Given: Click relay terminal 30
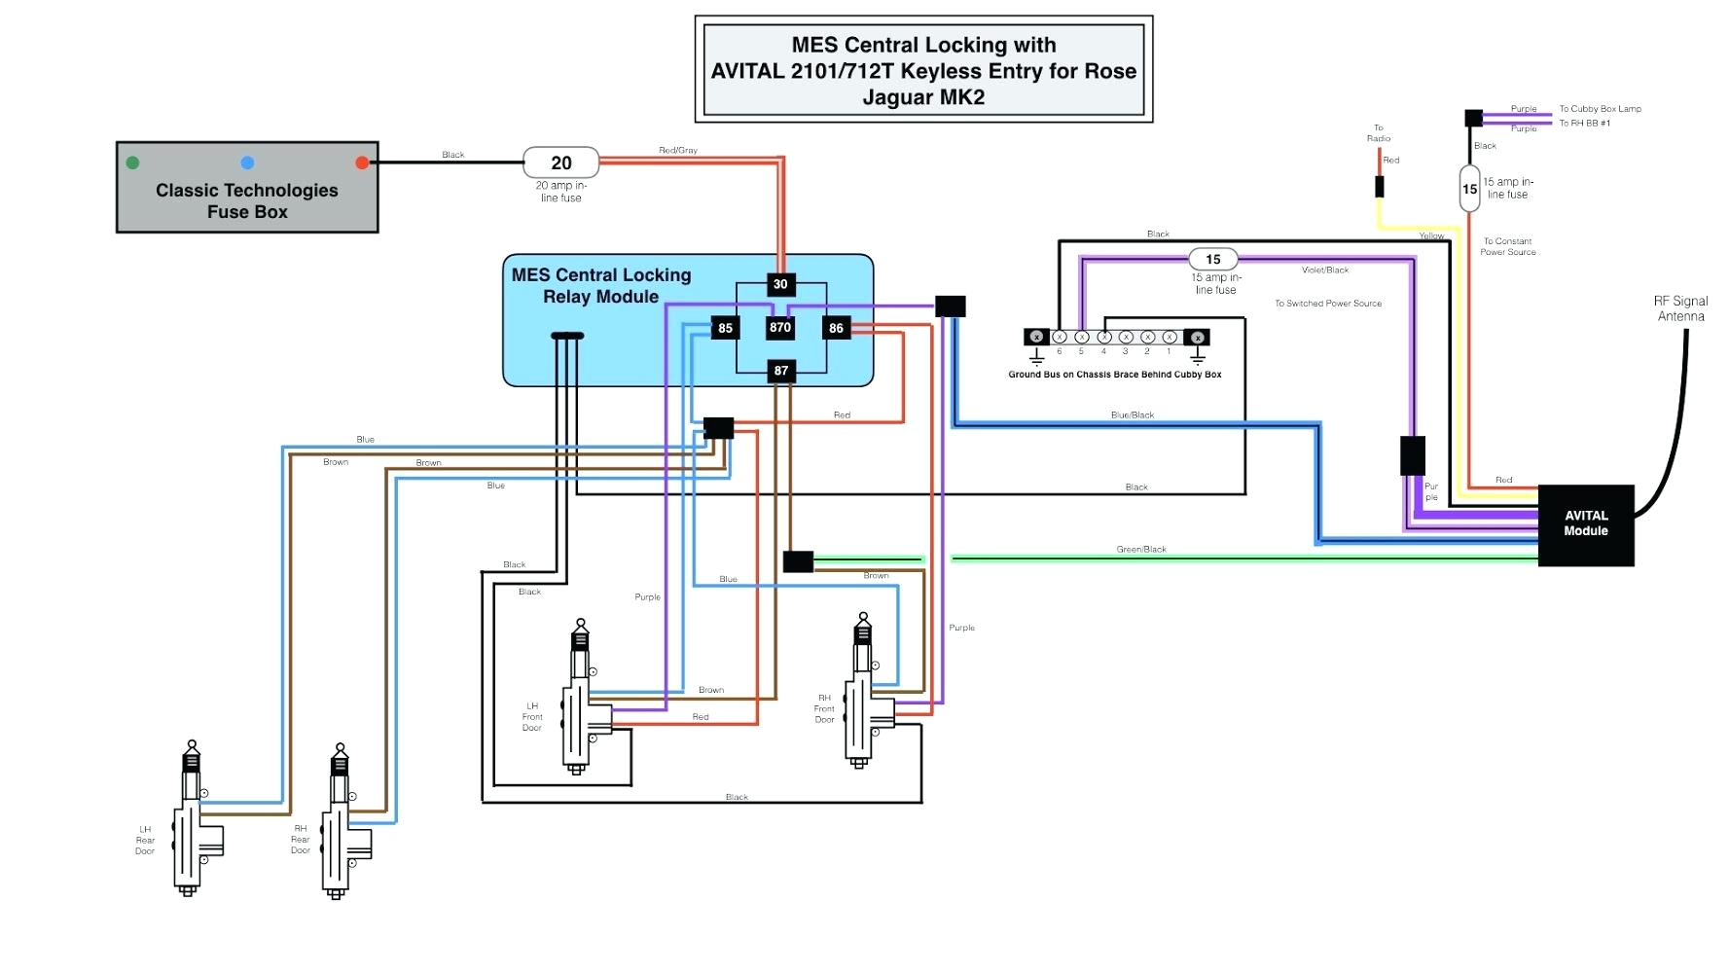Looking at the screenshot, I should [780, 284].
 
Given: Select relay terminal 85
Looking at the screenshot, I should [725, 329].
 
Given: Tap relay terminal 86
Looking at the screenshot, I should [836, 329].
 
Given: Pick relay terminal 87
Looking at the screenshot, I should [780, 371].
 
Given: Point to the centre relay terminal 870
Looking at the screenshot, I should [780, 328].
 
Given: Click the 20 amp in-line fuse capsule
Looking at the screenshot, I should [561, 162].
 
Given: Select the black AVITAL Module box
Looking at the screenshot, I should [1585, 524].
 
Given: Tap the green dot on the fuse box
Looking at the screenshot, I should [132, 162].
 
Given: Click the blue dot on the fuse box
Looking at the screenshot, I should [247, 162].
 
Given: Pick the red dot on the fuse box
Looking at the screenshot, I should [362, 162].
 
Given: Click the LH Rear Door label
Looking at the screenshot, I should [145, 841].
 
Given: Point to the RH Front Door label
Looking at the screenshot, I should [824, 708].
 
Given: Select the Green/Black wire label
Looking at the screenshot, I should [1141, 550].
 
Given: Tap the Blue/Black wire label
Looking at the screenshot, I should [1133, 415].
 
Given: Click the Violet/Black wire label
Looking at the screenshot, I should [1325, 270].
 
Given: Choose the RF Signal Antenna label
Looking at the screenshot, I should [1680, 308].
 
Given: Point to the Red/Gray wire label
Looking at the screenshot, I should [678, 151].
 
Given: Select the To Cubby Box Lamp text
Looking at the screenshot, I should [1600, 109].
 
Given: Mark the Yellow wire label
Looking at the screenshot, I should [1431, 236].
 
